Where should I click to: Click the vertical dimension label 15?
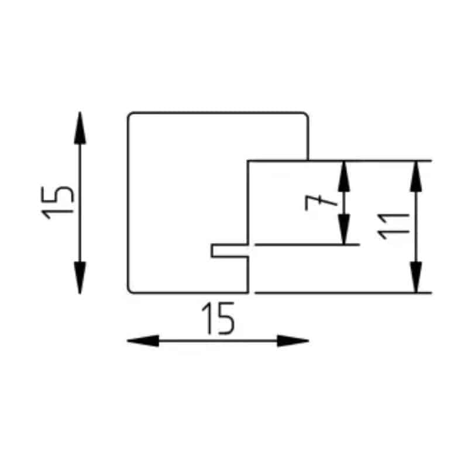[x=57, y=202]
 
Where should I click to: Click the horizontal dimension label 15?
[x=218, y=318]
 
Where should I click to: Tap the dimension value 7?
[x=321, y=202]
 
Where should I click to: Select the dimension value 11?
[x=393, y=226]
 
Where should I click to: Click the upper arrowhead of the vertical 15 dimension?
[x=80, y=128]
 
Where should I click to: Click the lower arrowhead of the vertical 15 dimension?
[x=80, y=277]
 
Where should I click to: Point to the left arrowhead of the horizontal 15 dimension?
[x=143, y=340]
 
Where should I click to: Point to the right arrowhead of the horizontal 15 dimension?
[x=293, y=340]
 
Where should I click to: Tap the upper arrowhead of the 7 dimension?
[x=344, y=177]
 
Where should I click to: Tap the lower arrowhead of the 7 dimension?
[x=344, y=229]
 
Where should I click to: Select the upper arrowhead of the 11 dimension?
[x=416, y=177]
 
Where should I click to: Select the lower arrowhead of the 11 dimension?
[x=416, y=277]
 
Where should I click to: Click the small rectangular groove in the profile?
[x=229, y=250]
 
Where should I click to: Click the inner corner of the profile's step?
[x=248, y=161]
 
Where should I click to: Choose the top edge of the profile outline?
[x=218, y=113]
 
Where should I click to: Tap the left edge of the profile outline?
[x=128, y=203]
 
